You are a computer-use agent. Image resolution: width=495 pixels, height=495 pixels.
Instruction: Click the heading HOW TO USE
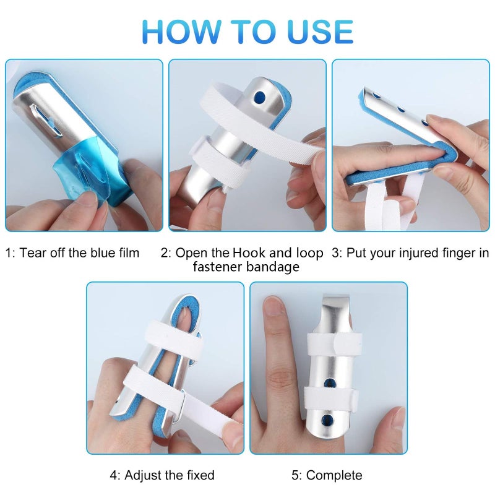pos(247,31)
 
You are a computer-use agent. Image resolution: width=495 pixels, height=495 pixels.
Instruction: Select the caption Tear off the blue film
pos(72,252)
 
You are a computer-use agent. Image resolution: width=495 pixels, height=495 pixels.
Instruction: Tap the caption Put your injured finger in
pos(410,252)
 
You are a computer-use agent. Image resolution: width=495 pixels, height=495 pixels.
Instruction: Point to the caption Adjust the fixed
pos(162,475)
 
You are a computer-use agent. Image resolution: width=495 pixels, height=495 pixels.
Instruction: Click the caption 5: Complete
pos(327,475)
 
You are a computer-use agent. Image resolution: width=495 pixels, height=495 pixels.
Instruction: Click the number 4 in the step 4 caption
pos(114,475)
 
